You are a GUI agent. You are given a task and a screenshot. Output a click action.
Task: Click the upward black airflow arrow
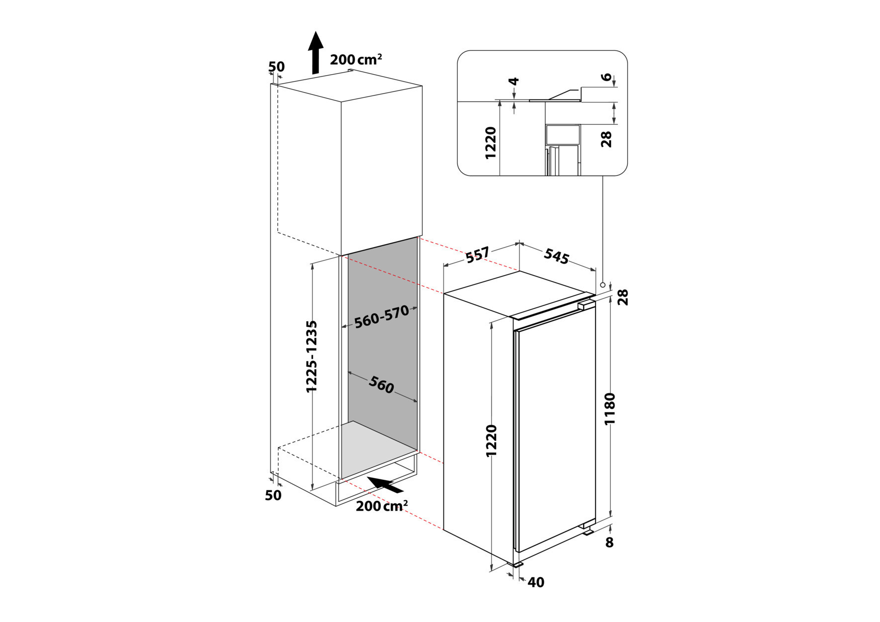point(315,53)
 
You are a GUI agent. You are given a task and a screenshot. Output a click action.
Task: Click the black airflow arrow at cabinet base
point(385,484)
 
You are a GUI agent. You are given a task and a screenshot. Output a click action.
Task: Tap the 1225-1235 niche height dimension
point(312,356)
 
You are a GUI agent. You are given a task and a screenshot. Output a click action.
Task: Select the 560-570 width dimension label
point(382,316)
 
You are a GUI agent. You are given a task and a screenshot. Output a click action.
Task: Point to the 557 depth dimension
point(478,255)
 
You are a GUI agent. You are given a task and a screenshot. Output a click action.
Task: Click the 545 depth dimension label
point(556,256)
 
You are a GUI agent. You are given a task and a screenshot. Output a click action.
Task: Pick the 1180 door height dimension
point(610,409)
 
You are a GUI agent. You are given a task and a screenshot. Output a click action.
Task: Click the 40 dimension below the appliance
point(535,582)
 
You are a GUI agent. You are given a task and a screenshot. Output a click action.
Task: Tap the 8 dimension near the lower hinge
point(610,542)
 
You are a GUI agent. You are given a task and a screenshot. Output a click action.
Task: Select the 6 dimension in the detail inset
point(606,77)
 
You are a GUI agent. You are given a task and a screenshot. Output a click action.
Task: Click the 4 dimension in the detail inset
point(515,81)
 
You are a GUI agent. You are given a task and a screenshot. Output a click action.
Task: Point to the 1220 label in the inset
point(491,143)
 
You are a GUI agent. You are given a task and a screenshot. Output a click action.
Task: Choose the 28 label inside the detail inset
point(607,139)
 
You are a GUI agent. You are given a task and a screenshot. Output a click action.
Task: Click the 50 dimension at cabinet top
point(276,67)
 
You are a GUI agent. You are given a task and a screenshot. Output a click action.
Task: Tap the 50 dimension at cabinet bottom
point(273,495)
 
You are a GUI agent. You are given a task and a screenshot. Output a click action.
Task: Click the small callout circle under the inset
point(603,285)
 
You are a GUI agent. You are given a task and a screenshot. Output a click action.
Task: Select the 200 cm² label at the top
point(356,59)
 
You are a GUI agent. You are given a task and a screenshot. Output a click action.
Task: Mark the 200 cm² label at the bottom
point(382,506)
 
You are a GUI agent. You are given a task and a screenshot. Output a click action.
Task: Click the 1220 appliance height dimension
point(491,441)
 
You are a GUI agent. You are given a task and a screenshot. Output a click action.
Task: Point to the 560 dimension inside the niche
point(381,385)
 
